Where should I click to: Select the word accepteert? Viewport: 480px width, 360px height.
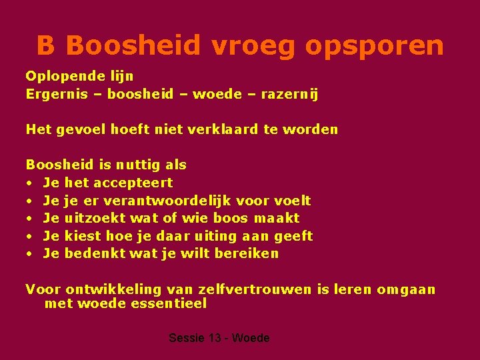(133, 183)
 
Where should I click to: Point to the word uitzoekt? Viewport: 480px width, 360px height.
(90, 218)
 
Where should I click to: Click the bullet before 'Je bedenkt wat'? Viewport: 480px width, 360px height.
(30, 254)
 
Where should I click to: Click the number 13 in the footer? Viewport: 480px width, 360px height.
(214, 338)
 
